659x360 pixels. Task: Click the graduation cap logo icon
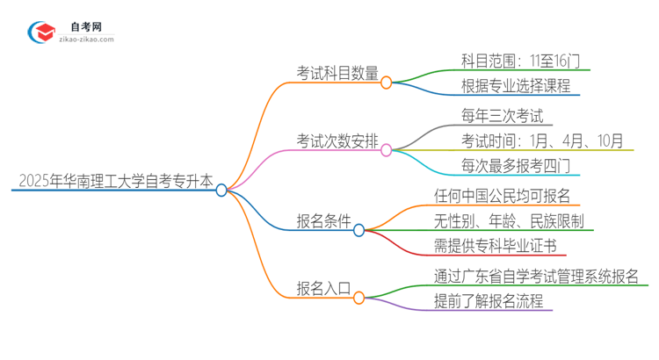tap(41, 32)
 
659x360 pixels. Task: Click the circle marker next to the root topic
tap(221, 190)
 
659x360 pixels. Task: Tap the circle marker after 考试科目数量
tap(386, 82)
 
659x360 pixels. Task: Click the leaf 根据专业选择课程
tap(516, 86)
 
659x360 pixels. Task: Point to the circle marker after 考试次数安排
tap(386, 150)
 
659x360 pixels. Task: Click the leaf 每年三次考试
tap(502, 115)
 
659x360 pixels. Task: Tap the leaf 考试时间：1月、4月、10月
tap(542, 140)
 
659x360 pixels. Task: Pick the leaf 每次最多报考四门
tap(516, 165)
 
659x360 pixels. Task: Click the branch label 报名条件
tap(324, 220)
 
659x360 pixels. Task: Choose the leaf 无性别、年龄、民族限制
tap(509, 220)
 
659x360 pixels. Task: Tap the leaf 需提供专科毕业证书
tap(495, 245)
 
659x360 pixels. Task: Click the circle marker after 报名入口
tap(358, 298)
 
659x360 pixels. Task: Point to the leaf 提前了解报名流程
tap(488, 301)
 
